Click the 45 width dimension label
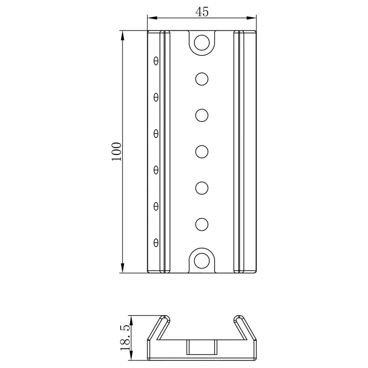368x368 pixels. click(x=202, y=12)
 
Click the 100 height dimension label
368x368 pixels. click(x=116, y=151)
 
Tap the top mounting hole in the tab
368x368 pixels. click(x=201, y=42)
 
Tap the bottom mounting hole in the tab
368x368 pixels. click(x=201, y=260)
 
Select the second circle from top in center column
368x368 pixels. click(x=202, y=79)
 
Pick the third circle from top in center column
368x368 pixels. click(x=202, y=115)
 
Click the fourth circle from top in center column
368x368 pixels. click(x=202, y=151)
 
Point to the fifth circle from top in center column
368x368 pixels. click(x=202, y=188)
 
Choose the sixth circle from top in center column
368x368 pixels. click(x=202, y=224)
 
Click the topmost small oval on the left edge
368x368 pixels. click(x=156, y=60)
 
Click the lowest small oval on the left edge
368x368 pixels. click(x=156, y=242)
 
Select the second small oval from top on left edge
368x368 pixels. click(x=156, y=97)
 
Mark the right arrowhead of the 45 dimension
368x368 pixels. click(x=253, y=17)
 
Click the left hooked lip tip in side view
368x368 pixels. click(x=167, y=318)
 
